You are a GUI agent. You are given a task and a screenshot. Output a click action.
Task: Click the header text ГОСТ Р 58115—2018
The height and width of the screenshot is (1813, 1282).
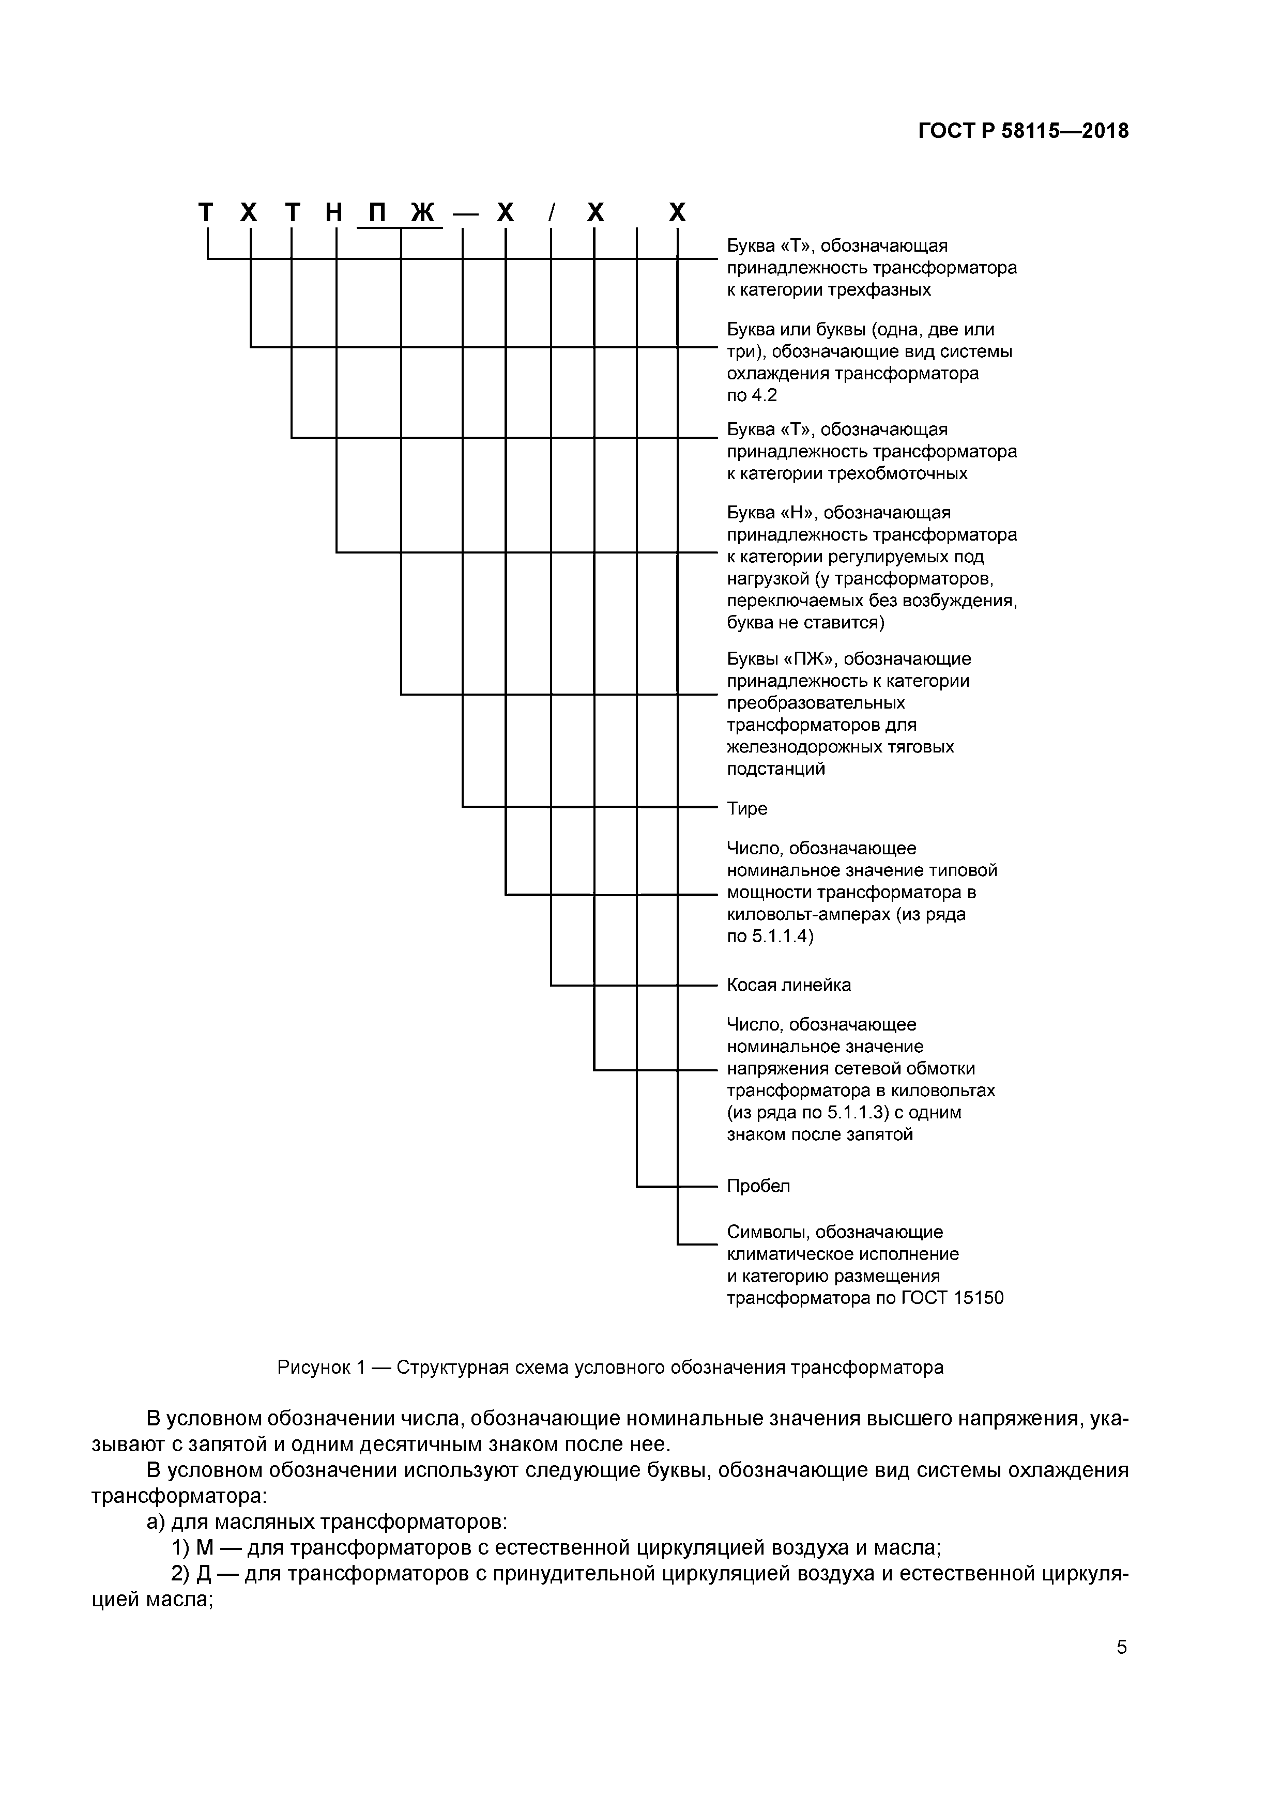click(1023, 131)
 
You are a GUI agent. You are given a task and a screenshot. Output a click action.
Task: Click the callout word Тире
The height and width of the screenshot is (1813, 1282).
click(746, 809)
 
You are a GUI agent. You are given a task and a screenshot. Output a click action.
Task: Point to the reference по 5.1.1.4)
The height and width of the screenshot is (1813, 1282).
click(769, 936)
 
